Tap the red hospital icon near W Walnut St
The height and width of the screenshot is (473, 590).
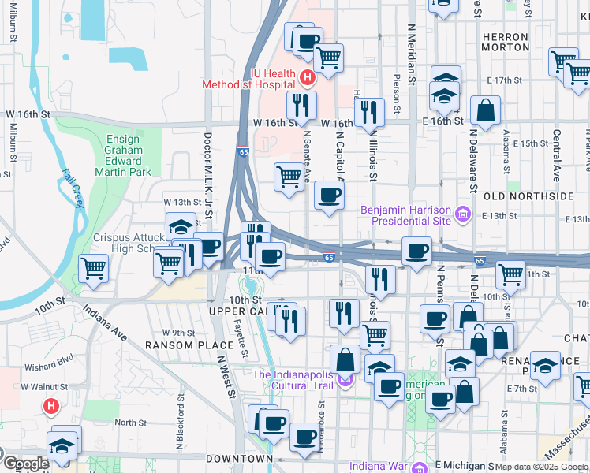point(51,407)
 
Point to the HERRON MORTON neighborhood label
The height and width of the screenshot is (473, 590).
point(505,42)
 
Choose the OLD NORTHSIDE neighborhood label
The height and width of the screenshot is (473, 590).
point(528,196)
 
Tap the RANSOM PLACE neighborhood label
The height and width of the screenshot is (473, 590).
point(178,345)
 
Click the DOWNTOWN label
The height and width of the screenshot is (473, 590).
point(239,459)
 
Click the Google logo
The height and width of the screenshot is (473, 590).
point(25,464)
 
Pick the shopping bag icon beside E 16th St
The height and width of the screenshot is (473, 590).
point(486,111)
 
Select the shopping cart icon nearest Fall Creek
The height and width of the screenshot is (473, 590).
point(94,268)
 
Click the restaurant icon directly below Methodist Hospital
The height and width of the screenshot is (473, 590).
point(301,105)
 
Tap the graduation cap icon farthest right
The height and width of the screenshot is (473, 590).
point(544,366)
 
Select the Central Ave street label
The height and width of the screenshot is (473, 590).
point(556,156)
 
